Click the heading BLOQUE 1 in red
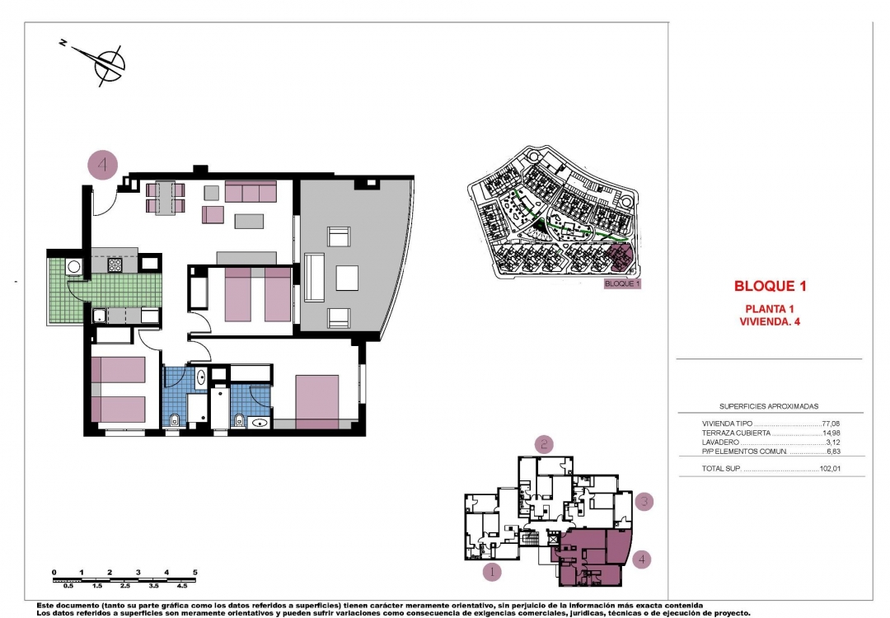tap(769, 287)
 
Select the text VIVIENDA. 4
tap(770, 322)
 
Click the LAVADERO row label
tap(719, 442)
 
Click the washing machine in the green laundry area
tap(74, 266)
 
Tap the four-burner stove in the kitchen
tap(115, 265)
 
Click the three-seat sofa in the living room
tap(251, 193)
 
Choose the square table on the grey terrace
tap(346, 279)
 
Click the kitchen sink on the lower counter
tap(98, 314)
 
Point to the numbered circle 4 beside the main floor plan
tap(103, 165)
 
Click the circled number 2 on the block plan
tap(544, 445)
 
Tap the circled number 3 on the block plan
tap(645, 501)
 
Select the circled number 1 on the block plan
tap(491, 571)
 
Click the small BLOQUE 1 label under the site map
tap(622, 283)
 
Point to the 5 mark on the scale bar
tap(194, 572)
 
